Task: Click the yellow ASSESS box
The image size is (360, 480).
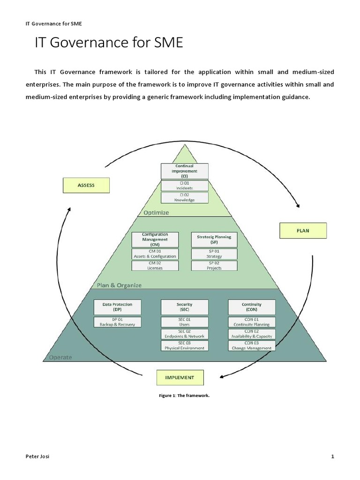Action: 86,185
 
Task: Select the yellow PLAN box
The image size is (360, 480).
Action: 303,231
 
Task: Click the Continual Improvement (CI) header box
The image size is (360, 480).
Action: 184,171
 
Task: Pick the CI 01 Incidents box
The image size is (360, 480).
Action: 184,186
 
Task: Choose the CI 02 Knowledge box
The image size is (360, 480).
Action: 184,198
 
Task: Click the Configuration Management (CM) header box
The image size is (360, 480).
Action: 155,240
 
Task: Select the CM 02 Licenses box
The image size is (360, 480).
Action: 155,266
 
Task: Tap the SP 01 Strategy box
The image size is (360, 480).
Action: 214,254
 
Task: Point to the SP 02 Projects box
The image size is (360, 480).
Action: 214,266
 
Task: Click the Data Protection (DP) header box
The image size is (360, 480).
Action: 117,307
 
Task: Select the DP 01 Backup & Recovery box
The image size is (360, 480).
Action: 117,322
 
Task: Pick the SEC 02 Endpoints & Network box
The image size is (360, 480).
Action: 184,334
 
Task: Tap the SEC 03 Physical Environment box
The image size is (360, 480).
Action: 184,346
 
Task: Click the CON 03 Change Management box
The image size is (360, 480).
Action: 252,346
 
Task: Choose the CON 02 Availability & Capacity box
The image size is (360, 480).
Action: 252,334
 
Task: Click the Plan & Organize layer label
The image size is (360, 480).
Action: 119,285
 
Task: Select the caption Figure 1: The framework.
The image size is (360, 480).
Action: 184,396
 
